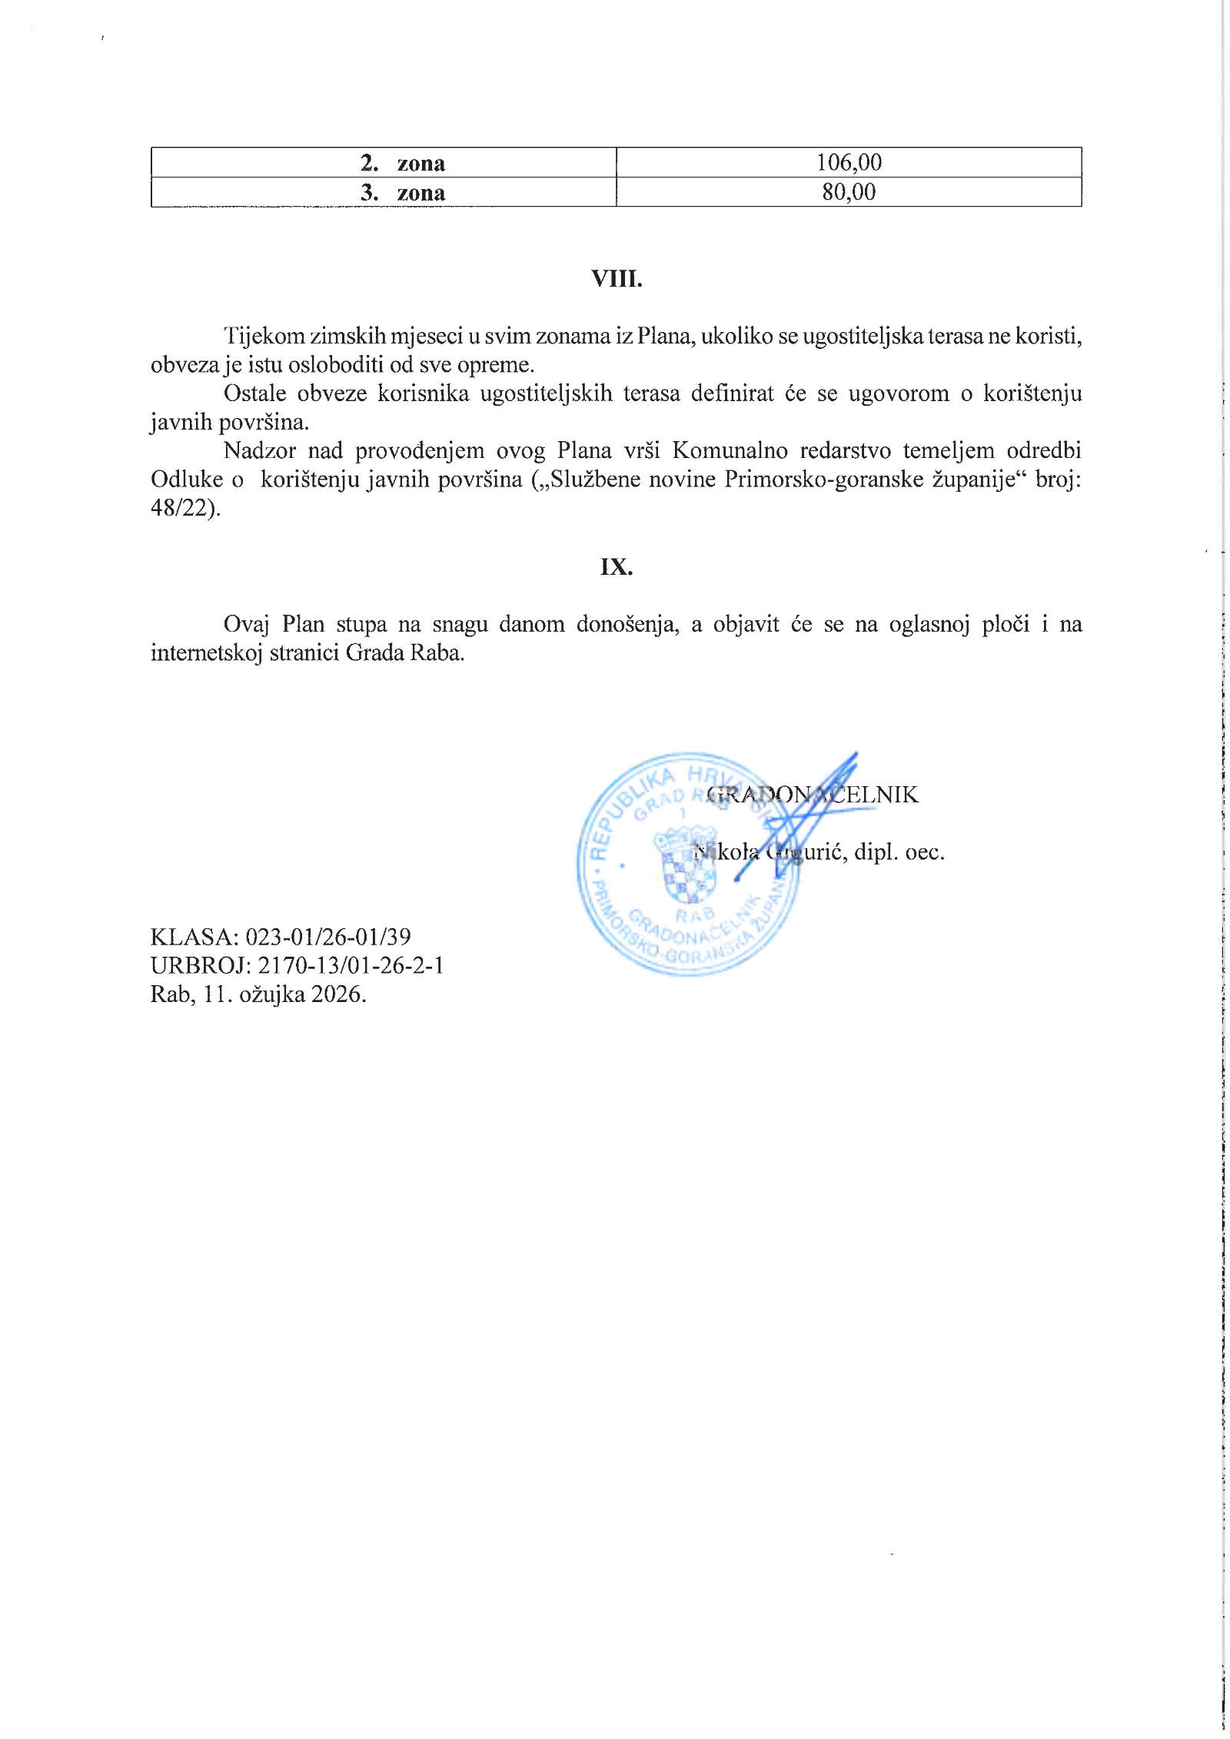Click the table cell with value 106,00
point(849,162)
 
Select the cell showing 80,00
point(849,192)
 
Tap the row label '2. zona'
point(403,163)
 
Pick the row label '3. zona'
point(403,192)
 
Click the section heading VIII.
point(616,279)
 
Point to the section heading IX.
point(616,567)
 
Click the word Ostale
point(254,393)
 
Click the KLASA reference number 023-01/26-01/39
point(327,937)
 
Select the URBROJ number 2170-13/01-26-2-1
point(344,965)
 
